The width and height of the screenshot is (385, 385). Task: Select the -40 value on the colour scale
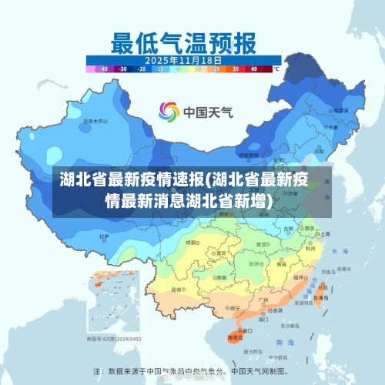105,69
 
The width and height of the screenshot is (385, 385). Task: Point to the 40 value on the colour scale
254,69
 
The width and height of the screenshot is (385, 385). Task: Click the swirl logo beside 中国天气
169,112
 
